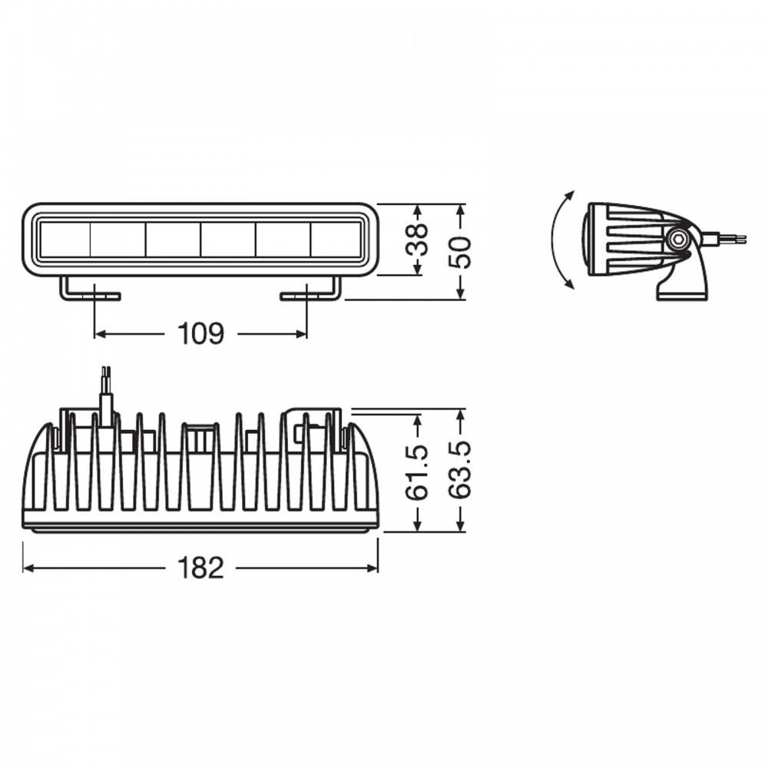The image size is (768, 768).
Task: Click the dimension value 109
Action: tap(200, 334)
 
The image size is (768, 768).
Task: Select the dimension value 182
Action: tap(200, 568)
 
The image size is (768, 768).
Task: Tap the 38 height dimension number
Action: tap(417, 240)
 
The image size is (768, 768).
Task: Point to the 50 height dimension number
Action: tap(460, 253)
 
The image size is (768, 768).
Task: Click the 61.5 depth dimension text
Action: tap(417, 472)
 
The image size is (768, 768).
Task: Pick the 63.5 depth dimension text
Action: tap(460, 470)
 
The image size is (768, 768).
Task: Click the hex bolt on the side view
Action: tap(678, 240)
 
